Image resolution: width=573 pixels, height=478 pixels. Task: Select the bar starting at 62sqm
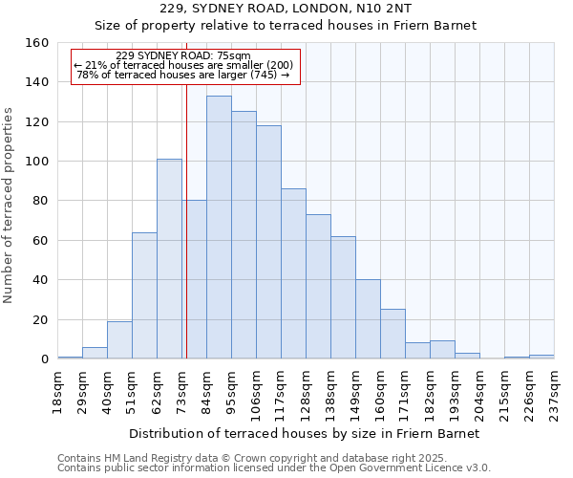(x=169, y=259)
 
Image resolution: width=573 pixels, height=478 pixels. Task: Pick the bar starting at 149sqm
(x=368, y=319)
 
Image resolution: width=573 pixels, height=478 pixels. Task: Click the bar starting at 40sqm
(x=119, y=340)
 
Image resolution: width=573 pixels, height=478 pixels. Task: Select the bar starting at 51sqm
(x=144, y=295)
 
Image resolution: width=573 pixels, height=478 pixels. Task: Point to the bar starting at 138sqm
(x=343, y=297)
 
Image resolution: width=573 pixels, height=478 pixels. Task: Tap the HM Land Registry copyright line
(x=273, y=458)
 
